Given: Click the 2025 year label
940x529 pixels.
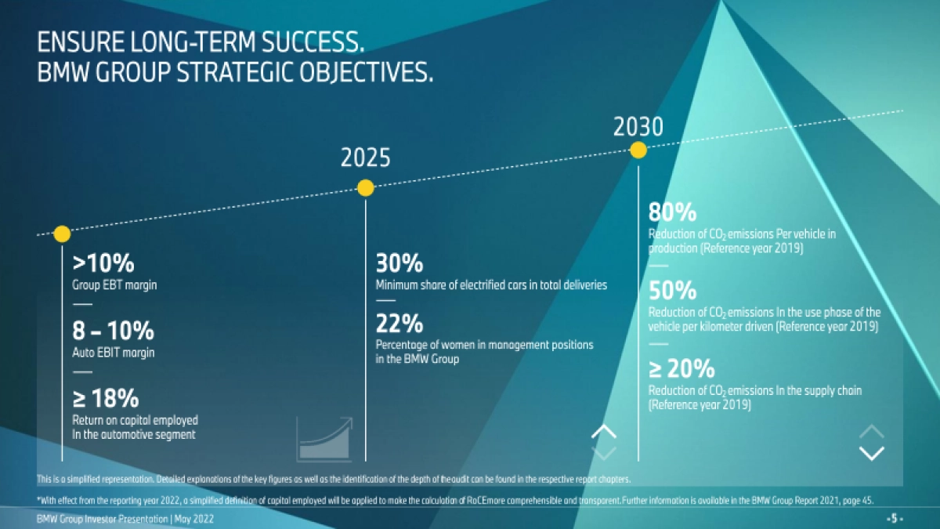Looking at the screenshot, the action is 366,158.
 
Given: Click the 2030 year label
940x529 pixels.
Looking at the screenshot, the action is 638,127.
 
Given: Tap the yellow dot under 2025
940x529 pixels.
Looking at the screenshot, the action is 366,188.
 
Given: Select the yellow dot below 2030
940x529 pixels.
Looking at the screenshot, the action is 638,150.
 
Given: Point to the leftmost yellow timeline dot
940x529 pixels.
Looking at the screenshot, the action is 62,234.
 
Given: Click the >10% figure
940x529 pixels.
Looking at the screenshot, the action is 103,263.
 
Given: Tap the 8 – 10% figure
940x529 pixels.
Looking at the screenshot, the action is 114,331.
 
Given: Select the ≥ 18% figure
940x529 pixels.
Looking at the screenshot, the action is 105,398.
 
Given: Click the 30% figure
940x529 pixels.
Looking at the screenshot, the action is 399,263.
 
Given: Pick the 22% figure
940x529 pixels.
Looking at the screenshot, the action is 399,323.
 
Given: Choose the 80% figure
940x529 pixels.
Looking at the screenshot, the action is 672,212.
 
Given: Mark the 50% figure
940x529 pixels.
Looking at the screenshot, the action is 672,291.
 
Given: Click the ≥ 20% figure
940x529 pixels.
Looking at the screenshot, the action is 681,368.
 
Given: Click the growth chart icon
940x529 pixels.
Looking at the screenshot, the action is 324,439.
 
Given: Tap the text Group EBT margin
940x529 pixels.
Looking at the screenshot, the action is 114,285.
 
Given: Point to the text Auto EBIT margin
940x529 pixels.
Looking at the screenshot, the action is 114,353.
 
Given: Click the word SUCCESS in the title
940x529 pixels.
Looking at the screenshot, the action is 313,42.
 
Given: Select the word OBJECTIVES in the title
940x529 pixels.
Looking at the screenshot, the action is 366,72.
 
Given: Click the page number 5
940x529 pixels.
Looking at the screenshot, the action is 895,519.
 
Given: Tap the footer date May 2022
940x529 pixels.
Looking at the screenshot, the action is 194,519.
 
